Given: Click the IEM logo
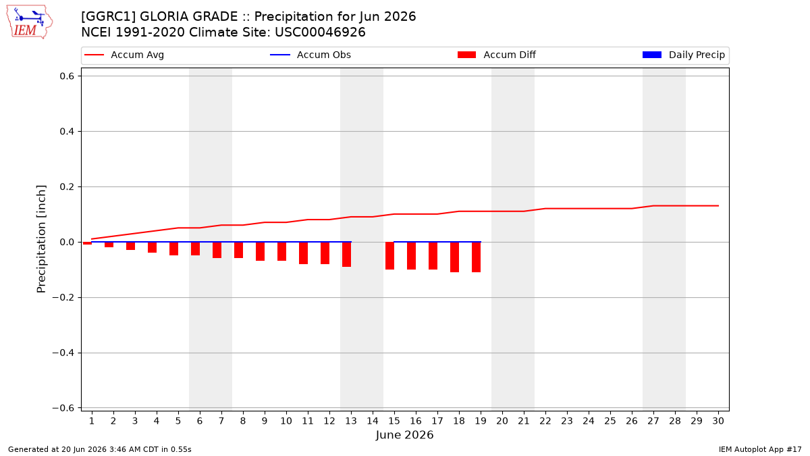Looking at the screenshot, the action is pyautogui.click(x=30, y=22).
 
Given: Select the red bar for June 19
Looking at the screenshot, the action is pyautogui.click(x=477, y=257).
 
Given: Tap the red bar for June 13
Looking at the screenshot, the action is pyautogui.click(x=347, y=255).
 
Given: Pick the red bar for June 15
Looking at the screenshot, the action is pyautogui.click(x=390, y=256).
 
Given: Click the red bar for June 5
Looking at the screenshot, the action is pyautogui.click(x=174, y=249).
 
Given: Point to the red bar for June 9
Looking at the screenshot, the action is pyautogui.click(x=261, y=251).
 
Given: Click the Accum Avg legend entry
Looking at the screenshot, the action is pyautogui.click(x=124, y=55).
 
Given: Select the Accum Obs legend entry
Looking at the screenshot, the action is pyautogui.click(x=310, y=55).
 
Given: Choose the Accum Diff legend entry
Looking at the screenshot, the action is pyautogui.click(x=497, y=55).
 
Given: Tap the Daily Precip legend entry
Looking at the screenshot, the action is pyautogui.click(x=683, y=55).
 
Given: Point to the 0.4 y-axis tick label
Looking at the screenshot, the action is pyautogui.click(x=67, y=131).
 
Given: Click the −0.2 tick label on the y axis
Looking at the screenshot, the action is pyautogui.click(x=63, y=297).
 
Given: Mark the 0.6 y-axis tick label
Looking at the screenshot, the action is pyautogui.click(x=67, y=76).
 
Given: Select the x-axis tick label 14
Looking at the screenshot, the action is pyautogui.click(x=373, y=421).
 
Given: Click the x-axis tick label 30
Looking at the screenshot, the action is pyautogui.click(x=718, y=421).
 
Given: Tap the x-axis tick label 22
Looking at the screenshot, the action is pyautogui.click(x=545, y=421).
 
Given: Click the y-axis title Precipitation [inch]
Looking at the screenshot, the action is pyautogui.click(x=42, y=239).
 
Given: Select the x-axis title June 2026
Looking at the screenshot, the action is pyautogui.click(x=404, y=434).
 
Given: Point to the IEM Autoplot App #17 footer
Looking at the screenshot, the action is pyautogui.click(x=760, y=449).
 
